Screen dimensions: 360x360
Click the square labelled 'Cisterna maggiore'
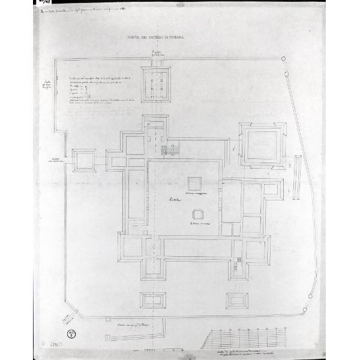[x=193, y=184]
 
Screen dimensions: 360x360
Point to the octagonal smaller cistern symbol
[x=196, y=214]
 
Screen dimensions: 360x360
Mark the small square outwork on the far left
[x=82, y=160]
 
